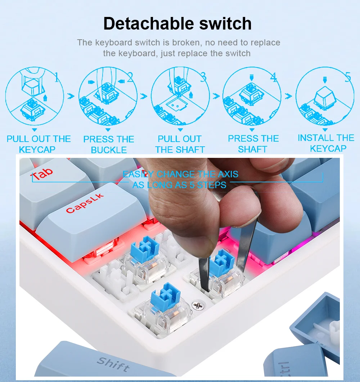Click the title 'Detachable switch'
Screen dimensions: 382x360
pos(177,23)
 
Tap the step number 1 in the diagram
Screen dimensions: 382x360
pos(57,77)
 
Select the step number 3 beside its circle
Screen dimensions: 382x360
pos(203,77)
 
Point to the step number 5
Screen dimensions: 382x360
pos(348,77)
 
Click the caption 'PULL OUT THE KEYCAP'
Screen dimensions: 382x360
pos(39,144)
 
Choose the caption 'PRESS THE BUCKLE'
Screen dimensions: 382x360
pos(109,145)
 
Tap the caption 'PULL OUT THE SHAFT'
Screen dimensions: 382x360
pos(180,144)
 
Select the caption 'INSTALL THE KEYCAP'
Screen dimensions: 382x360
pos(326,143)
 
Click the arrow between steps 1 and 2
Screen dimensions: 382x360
pos(71,96)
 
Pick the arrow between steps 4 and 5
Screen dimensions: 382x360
pos(288,96)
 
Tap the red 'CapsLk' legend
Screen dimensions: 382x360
pos(85,203)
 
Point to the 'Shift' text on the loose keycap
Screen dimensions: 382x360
pos(113,364)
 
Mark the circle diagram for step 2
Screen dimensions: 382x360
pos(108,96)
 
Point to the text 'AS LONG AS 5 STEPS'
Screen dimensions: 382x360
pos(179,185)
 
